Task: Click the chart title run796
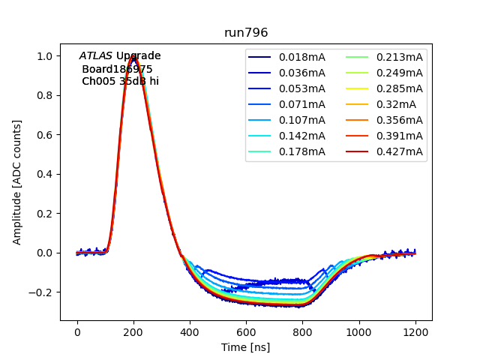point(246,33)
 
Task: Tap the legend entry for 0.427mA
point(399,151)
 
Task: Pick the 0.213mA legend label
point(399,57)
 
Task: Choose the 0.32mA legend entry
point(394,104)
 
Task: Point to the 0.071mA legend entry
point(301,104)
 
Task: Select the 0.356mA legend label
point(399,120)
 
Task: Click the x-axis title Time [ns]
point(245,347)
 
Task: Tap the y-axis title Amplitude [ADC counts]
point(17,181)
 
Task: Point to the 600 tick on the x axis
point(246,332)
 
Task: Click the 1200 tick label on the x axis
point(415,332)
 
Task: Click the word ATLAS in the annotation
point(96,56)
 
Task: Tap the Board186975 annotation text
point(117,69)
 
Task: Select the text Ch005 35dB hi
point(120,81)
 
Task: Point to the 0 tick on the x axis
point(77,332)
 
